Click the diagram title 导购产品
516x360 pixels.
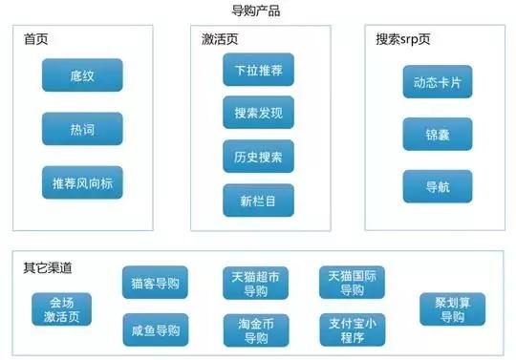tap(256, 11)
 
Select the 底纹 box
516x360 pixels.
tap(82, 74)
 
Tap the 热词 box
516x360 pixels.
tap(82, 128)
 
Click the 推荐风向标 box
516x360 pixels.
tap(82, 181)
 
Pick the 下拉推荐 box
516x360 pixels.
tap(258, 70)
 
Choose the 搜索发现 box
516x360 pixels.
tap(258, 113)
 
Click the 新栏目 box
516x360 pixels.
tap(258, 201)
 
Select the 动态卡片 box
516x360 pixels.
tap(437, 81)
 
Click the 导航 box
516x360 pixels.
tap(437, 186)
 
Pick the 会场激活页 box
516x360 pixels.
tap(61, 309)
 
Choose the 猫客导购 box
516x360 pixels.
tap(155, 284)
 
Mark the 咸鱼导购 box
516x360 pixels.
tap(155, 329)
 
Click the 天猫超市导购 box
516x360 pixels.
tap(255, 284)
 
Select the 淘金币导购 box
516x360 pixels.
tap(255, 329)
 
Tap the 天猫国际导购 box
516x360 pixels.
tap(351, 284)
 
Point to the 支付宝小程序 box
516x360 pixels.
tap(351, 329)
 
